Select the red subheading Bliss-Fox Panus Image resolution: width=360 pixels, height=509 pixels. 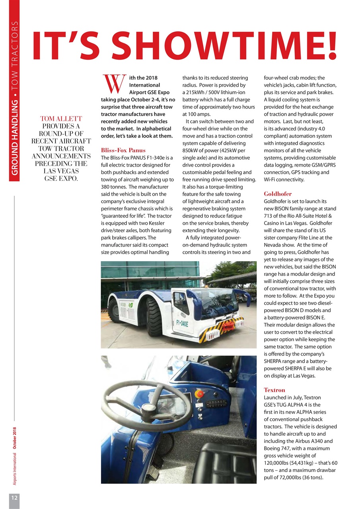pos(123,150)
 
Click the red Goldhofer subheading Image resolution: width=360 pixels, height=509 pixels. pos(278,194)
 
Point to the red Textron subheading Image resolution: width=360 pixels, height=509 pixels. pos(274,390)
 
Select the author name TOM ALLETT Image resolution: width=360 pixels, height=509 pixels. pos(61,119)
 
